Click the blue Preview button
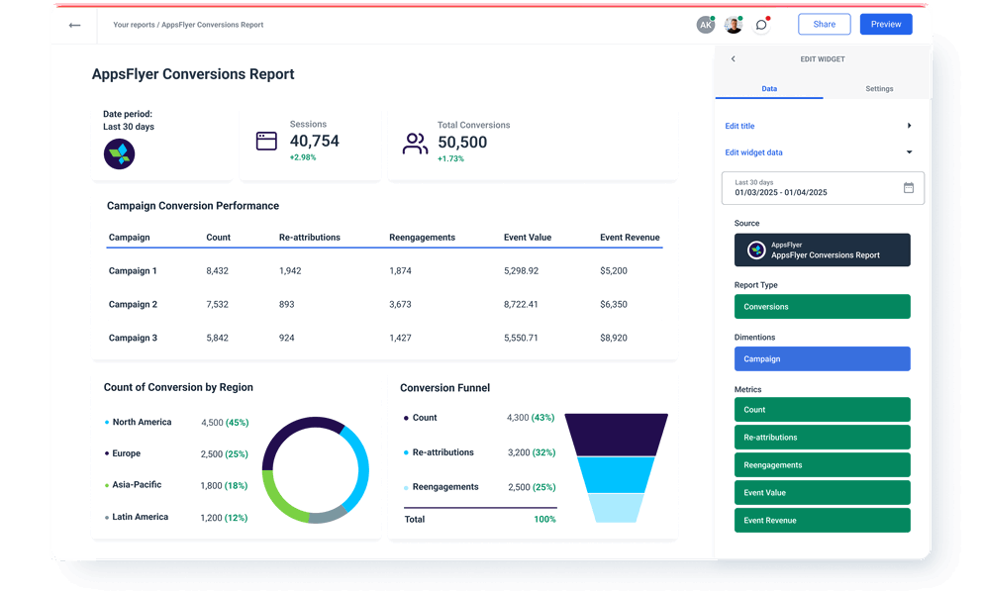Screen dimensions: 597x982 click(885, 25)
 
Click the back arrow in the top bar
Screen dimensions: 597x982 click(74, 25)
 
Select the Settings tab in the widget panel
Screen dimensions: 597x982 click(878, 89)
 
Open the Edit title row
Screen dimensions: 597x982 click(818, 127)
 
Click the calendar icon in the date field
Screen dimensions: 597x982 click(909, 188)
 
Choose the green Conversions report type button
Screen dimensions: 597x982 click(822, 307)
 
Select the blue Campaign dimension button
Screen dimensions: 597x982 click(822, 359)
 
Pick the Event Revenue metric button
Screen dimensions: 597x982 click(822, 521)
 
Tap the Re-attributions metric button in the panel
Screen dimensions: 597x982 click(822, 438)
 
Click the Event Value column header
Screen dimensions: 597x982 click(527, 238)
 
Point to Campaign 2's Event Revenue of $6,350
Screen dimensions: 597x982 click(613, 305)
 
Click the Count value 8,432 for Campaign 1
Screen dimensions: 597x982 click(218, 271)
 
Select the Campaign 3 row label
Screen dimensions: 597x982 click(133, 339)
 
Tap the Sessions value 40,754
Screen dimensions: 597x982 click(314, 142)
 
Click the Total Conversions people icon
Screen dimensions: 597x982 click(415, 144)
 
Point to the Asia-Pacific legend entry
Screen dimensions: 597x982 click(137, 485)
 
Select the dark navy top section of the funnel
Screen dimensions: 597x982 click(616, 434)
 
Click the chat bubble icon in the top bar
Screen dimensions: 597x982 click(760, 25)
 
